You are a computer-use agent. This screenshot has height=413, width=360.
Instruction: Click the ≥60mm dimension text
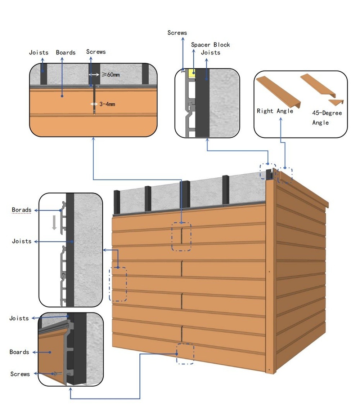pos(110,75)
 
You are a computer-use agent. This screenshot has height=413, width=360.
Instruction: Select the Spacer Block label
pos(210,45)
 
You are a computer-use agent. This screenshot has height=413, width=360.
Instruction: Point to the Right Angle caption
pos(275,111)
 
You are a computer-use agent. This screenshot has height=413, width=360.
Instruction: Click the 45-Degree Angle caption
pos(327,118)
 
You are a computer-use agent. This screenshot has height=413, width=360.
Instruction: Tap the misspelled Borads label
pos(21,210)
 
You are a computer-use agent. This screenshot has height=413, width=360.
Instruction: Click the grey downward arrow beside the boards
pos(54,222)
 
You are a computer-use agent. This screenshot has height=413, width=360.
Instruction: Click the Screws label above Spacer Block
pos(177,33)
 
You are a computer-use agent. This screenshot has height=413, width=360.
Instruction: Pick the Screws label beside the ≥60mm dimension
pos(96,52)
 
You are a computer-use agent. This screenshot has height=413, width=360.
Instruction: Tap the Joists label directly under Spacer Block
pos(210,53)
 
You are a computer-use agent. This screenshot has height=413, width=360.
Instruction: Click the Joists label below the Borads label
pos(22,241)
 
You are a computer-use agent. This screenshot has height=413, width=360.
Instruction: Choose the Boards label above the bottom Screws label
pos(19,352)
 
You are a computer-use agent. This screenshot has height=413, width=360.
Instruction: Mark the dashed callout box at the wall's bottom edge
pos(185,354)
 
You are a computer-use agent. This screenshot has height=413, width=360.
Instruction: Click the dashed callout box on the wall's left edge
pos(118,284)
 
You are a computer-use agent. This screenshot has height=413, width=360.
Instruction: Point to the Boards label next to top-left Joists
pos(66,53)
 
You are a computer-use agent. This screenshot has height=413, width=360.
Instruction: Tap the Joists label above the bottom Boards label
pos(19,318)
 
